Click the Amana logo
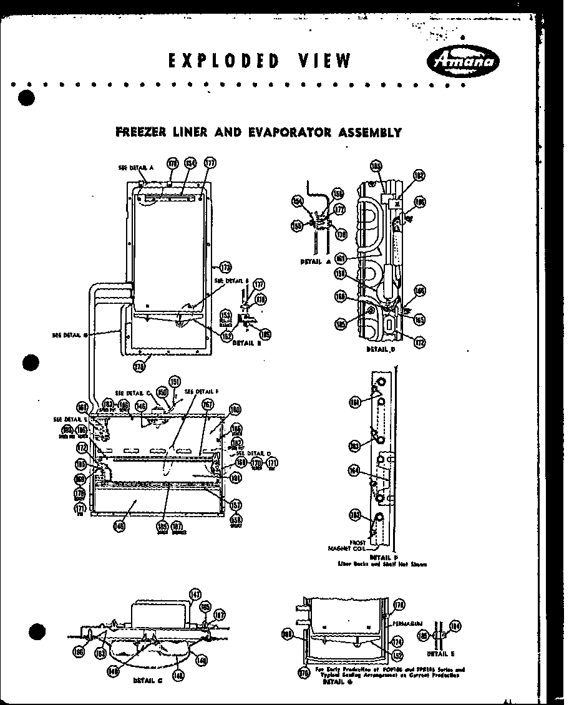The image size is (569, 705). pyautogui.click(x=462, y=61)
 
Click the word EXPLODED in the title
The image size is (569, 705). pyautogui.click(x=223, y=61)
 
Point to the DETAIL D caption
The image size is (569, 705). pyautogui.click(x=381, y=350)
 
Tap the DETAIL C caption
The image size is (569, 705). pyautogui.click(x=148, y=681)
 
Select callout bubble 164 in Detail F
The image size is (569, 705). pyautogui.click(x=355, y=471)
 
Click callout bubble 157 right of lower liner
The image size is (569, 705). pyautogui.click(x=236, y=505)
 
